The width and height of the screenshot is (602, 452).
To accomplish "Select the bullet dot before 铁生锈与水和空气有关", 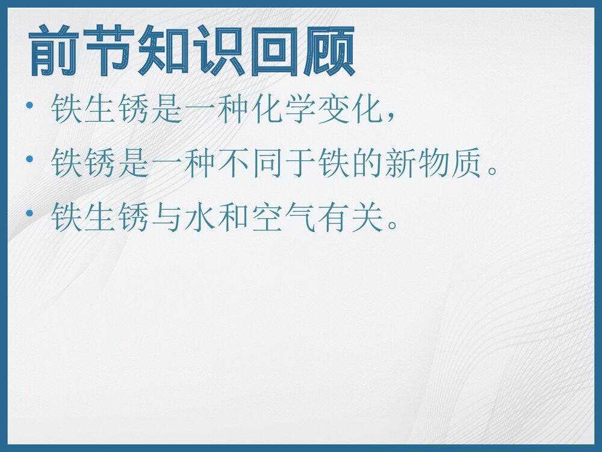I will pos(30,214).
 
